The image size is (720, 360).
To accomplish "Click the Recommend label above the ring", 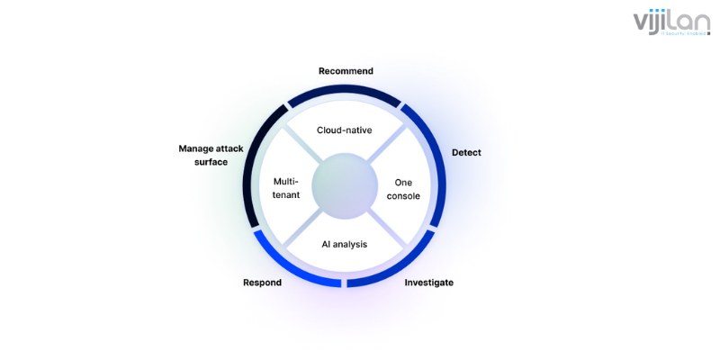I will pos(346,71).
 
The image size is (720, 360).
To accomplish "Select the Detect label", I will pos(466,152).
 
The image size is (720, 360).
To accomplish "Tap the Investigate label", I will pos(428,283).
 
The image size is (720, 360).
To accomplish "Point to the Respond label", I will pos(262,283).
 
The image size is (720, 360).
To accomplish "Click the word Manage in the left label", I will pos(197,148).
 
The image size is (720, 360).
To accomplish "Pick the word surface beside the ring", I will pos(211,162).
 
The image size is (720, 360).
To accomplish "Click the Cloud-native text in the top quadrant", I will pos(345,130).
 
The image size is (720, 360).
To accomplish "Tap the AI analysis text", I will pos(345,244).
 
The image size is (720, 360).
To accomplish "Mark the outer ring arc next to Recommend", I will pos(346,91).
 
